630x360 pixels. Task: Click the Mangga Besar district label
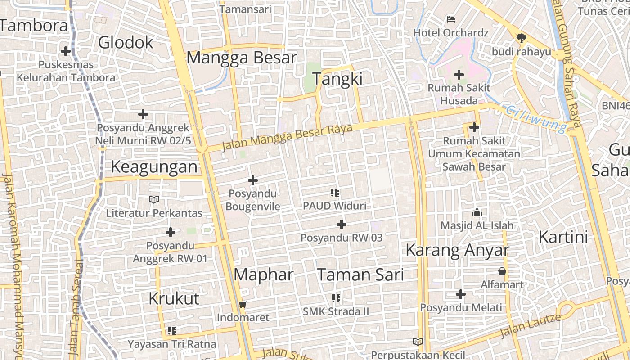click(x=242, y=58)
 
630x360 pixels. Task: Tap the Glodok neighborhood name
click(x=126, y=43)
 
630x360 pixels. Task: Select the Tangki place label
click(x=337, y=79)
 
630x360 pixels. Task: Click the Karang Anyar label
click(x=457, y=250)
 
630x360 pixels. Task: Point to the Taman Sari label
click(x=360, y=274)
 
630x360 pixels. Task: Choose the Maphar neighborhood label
click(x=264, y=274)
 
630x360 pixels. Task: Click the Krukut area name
click(x=174, y=298)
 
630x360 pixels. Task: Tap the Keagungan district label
click(x=154, y=167)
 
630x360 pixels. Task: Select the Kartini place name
click(x=563, y=237)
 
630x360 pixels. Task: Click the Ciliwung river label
click(x=535, y=118)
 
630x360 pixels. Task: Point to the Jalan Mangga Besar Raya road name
click(x=287, y=137)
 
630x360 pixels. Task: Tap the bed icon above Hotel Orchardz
click(x=451, y=19)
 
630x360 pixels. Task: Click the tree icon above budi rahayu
click(x=521, y=38)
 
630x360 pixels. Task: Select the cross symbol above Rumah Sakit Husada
click(x=459, y=74)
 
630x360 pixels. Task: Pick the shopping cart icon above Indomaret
click(x=243, y=305)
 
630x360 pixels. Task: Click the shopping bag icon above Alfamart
click(x=502, y=271)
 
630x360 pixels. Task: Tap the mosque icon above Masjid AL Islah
click(x=477, y=212)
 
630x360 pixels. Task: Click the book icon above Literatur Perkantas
click(x=154, y=199)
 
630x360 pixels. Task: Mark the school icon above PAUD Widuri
click(x=334, y=193)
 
